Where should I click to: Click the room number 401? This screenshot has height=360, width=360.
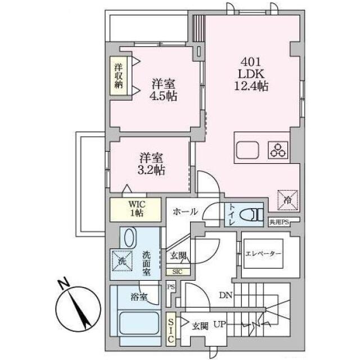coord(251,62)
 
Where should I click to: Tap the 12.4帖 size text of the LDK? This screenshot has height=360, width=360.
coord(251,86)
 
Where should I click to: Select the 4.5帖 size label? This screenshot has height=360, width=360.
coord(163,96)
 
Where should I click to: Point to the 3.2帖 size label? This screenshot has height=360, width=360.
coord(151,170)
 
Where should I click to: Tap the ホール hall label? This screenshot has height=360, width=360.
coord(185,211)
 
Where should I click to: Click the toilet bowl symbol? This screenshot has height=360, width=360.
coord(251,215)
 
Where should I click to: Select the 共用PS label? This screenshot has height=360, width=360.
coord(279,222)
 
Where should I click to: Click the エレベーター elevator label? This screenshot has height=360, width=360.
coord(263,254)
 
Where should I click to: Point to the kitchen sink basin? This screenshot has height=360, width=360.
coord(247,150)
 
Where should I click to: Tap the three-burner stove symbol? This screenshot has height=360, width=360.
coord(278,150)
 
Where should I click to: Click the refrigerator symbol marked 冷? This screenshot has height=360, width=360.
coord(287,200)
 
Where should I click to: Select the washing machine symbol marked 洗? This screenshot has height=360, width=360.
coord(122,260)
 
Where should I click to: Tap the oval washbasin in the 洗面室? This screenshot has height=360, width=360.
coord(130,237)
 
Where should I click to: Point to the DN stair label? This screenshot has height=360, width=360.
coord(226,295)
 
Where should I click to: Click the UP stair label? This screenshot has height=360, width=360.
coord(219,325)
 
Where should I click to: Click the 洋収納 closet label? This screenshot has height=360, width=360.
coord(118,76)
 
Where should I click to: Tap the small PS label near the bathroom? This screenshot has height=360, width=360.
coord(171,287)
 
